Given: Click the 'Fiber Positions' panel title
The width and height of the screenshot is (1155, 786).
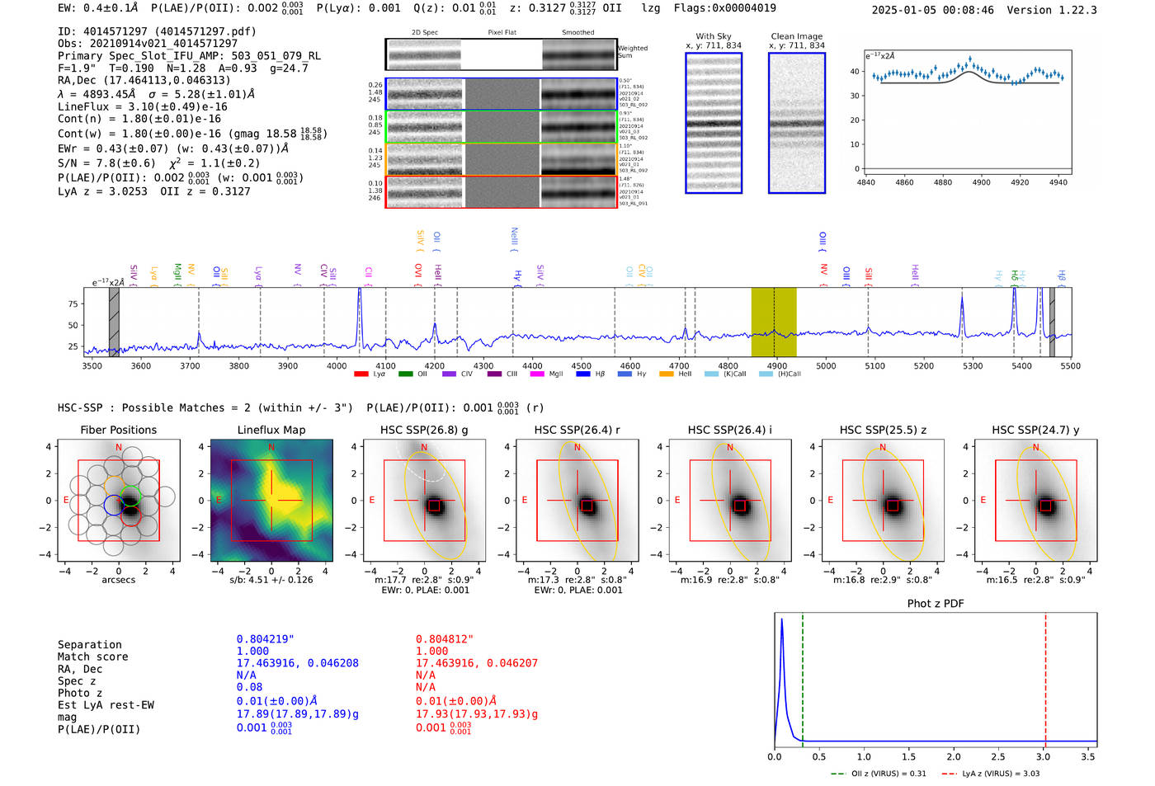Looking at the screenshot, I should (118, 430).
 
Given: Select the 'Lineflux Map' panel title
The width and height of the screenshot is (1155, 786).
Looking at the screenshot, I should (271, 430).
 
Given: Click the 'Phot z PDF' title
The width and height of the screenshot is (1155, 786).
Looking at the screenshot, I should (935, 604).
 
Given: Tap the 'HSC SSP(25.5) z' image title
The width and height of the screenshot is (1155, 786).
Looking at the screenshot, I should (882, 430).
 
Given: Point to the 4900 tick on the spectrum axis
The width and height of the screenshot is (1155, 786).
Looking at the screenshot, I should (776, 366).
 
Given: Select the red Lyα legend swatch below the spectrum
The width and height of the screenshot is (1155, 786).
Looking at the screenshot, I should (361, 374).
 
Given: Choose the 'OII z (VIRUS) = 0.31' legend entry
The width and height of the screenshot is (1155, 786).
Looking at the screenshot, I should (878, 774).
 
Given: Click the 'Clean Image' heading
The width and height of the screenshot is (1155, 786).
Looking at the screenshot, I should (796, 36).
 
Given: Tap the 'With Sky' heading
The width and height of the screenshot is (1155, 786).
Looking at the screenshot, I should (713, 36).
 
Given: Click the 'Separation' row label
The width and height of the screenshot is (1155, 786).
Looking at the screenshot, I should (89, 645).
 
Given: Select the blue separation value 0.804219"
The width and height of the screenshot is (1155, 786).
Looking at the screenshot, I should (265, 639).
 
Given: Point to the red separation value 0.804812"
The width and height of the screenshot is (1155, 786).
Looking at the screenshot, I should (444, 639).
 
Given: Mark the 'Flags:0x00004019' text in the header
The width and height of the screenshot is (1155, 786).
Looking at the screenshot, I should (724, 8).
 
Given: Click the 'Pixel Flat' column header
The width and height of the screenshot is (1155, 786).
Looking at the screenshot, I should (502, 32).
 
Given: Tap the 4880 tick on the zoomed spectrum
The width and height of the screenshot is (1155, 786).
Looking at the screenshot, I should (942, 182).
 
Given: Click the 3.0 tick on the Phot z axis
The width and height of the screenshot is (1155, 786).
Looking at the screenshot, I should (1043, 756).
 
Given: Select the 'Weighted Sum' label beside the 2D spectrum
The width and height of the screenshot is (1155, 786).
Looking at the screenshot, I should (632, 52).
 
